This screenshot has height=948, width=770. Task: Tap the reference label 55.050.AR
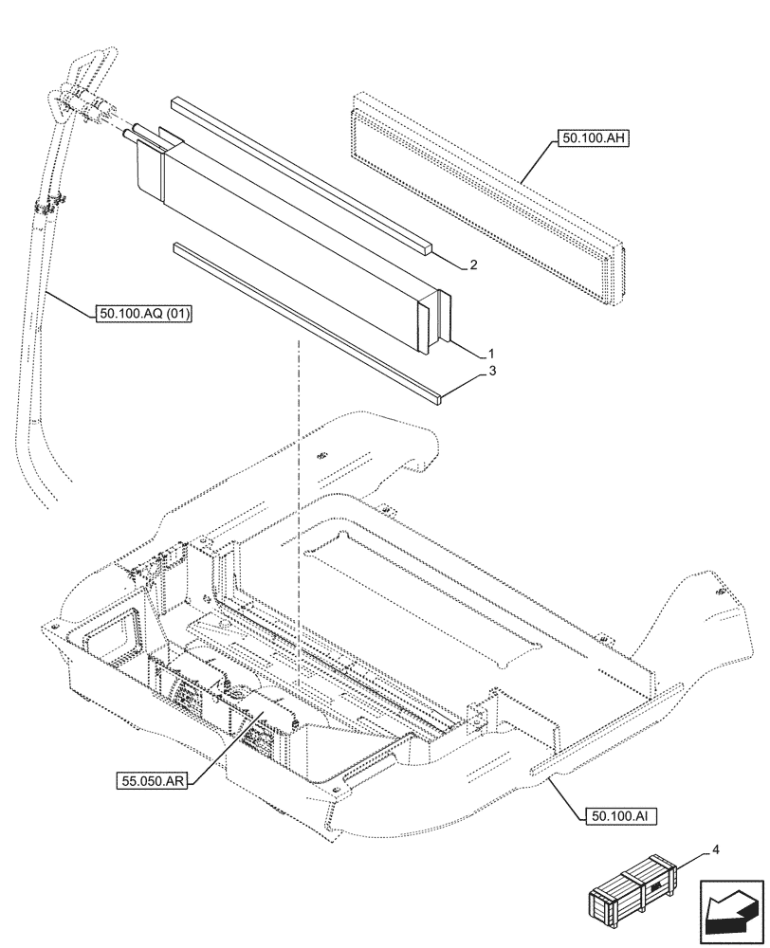152,780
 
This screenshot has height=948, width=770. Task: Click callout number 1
491,352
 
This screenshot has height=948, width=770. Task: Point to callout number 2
474,266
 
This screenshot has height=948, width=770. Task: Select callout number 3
492,373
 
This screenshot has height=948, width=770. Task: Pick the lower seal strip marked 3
303,322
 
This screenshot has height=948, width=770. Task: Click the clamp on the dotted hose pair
49,204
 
